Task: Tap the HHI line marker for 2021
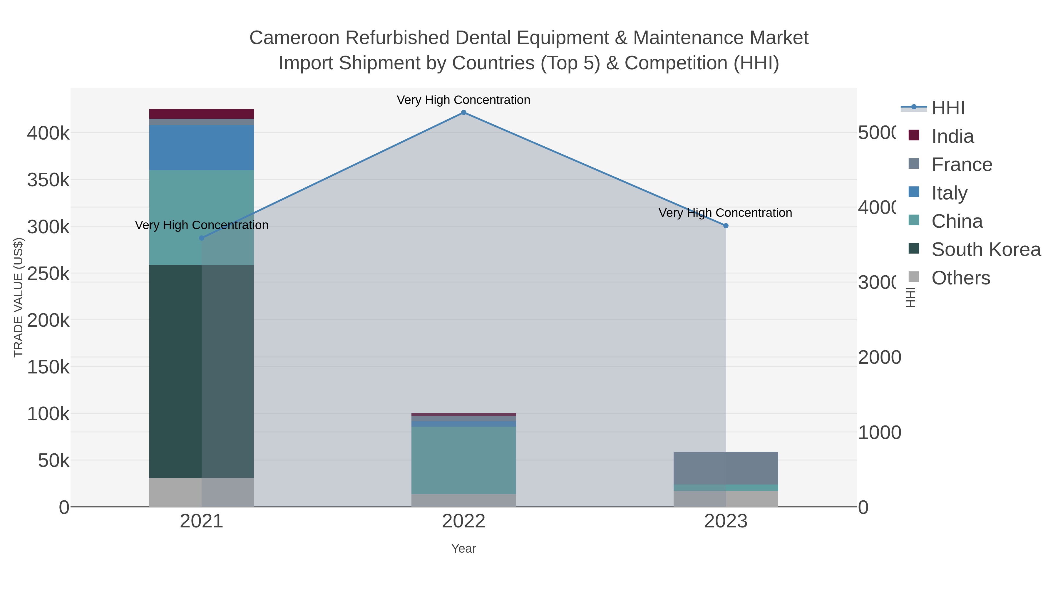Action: [x=201, y=238]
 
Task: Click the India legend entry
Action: [x=952, y=136]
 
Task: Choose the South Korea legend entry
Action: [x=986, y=250]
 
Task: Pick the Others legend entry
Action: [x=961, y=278]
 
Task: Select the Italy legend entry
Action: [x=949, y=193]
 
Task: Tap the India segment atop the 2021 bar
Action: [x=201, y=114]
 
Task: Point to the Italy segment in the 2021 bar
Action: [x=201, y=148]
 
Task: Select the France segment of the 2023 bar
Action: [x=726, y=468]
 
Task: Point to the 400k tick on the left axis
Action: [x=48, y=133]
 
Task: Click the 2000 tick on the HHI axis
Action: [x=879, y=357]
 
